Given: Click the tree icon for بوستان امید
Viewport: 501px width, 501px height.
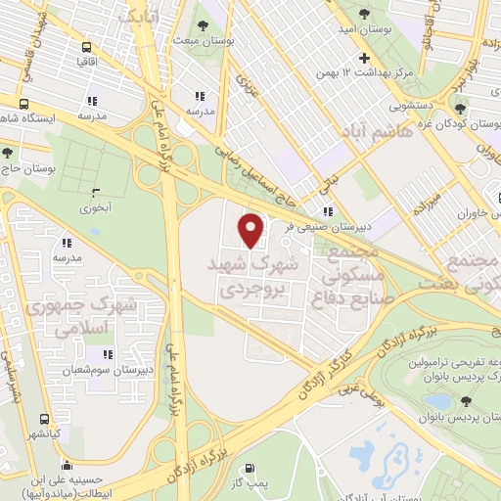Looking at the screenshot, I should pos(364,14).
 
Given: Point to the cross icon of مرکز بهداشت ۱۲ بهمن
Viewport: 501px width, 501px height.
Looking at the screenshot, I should pos(364,59).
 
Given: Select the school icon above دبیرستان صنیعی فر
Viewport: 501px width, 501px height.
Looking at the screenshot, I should pos(328,210).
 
